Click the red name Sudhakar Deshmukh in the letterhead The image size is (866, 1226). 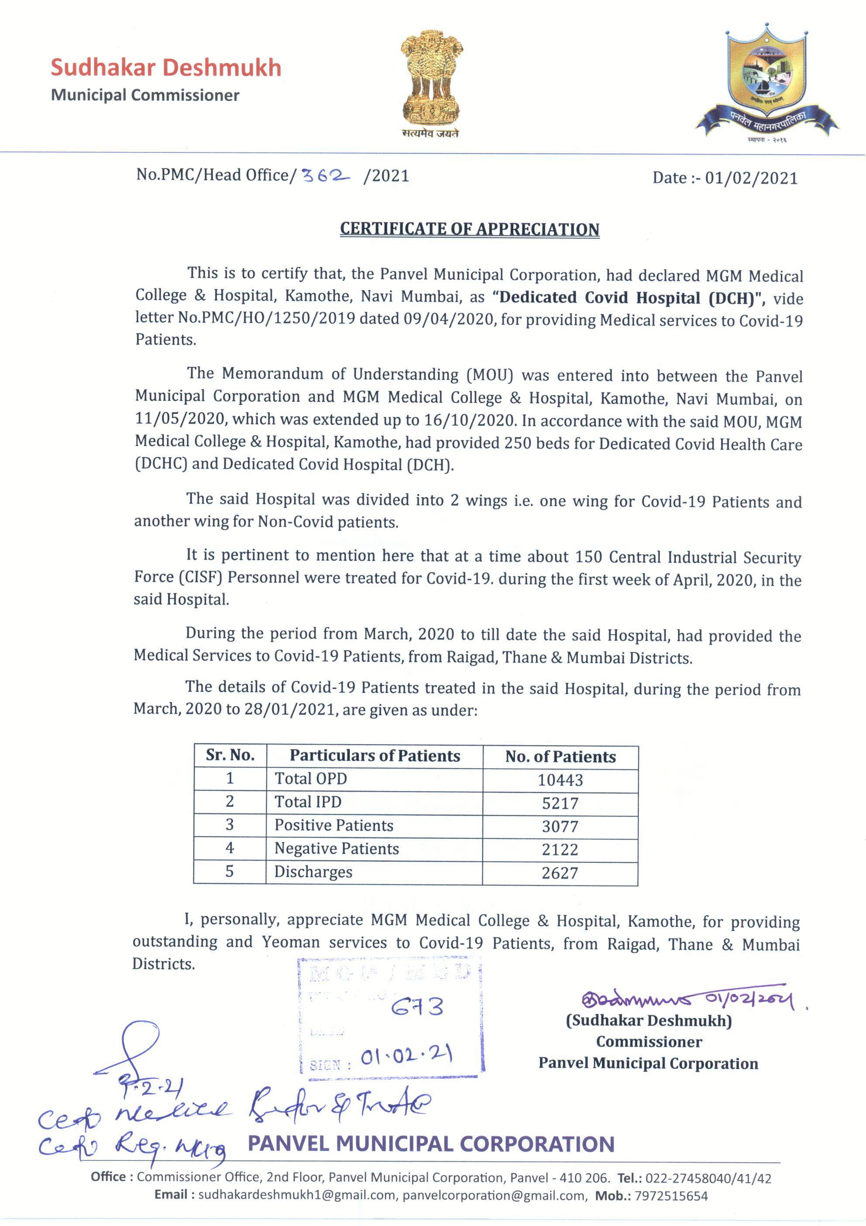(165, 68)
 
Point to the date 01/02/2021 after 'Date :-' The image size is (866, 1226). (751, 178)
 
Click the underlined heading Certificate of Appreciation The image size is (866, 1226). (469, 229)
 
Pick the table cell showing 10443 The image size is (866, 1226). (560, 780)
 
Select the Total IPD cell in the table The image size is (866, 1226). (308, 802)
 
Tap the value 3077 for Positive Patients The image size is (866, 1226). (560, 827)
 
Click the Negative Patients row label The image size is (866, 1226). (337, 848)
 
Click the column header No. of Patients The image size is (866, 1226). (560, 757)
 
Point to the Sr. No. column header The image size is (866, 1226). (230, 755)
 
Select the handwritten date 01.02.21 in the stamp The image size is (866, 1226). (406, 1056)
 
